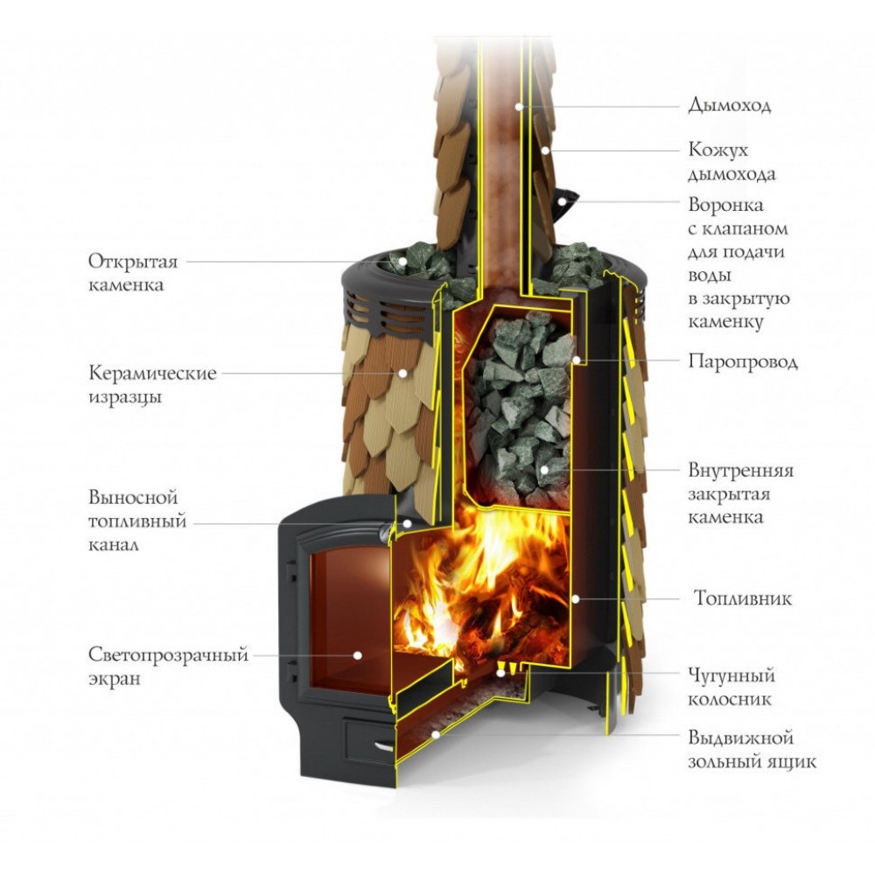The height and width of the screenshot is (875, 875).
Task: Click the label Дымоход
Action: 729,106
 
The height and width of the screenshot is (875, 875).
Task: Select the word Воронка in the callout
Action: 725,206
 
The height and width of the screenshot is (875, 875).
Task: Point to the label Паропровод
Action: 743,361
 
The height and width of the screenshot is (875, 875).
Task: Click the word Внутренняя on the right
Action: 740,471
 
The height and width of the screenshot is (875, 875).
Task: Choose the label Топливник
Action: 742,599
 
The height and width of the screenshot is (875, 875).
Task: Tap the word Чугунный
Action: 731,675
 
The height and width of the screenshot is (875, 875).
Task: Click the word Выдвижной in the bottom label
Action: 740,738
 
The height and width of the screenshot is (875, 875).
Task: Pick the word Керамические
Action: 152,374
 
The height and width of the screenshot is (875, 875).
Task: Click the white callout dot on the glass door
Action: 358,654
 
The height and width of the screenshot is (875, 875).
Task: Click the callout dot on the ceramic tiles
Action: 402,373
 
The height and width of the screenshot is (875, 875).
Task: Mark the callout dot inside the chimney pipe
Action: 518,107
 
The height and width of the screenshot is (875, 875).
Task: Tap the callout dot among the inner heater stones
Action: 543,471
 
